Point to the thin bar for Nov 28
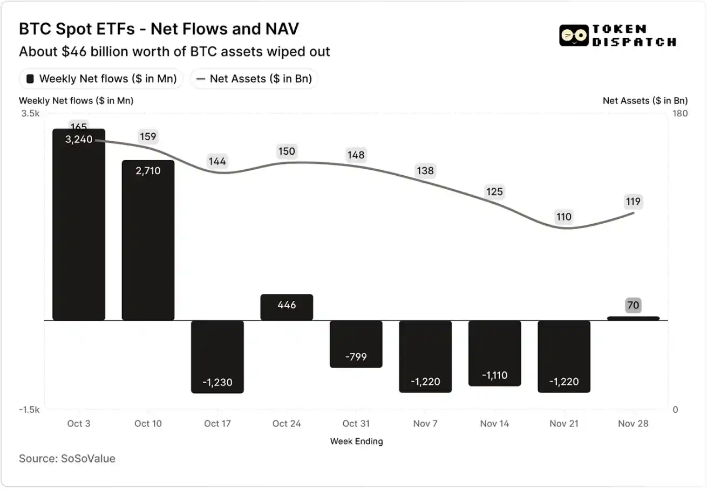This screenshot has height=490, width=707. (633, 318)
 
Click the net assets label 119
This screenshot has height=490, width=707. (633, 202)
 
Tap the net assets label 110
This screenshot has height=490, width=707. (563, 217)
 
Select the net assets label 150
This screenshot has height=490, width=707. (287, 151)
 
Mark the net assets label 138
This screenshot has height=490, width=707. (425, 171)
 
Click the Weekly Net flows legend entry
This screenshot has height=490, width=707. (101, 79)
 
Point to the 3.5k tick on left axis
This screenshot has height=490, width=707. (30, 114)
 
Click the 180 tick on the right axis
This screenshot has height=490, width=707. (679, 114)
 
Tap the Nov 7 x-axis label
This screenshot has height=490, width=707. (425, 424)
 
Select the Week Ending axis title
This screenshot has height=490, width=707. (356, 441)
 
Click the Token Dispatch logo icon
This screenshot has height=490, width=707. (573, 36)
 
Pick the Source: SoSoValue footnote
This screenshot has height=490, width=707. (67, 459)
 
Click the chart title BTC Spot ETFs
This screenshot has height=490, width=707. (158, 29)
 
